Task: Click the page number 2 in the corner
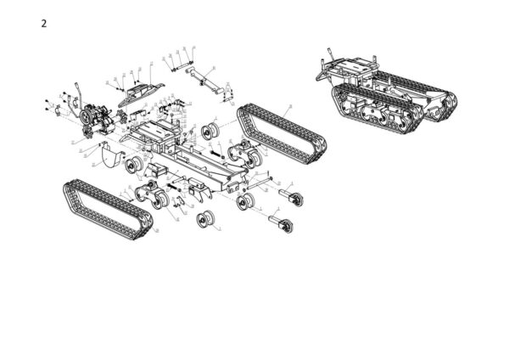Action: (44, 23)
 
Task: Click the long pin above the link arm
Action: (182, 62)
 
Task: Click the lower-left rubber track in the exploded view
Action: (106, 207)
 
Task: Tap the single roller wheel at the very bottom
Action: (205, 220)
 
